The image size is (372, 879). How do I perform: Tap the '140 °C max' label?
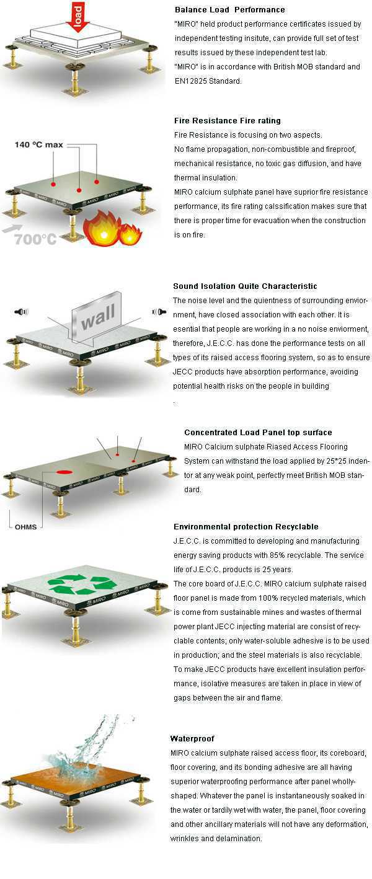pos(39,145)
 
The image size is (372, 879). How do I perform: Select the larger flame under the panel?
pos(100,228)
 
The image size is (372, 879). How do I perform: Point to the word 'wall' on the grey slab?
pos(98,317)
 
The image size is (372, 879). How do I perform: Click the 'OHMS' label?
pos(26,527)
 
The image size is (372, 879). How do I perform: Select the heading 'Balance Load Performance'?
pos(230,10)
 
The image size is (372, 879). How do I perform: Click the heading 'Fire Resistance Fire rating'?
pos(228,120)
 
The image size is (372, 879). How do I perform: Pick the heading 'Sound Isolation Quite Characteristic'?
pos(246,286)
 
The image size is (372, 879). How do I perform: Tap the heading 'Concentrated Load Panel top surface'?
pos(258,433)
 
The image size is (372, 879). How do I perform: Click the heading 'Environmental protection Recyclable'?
pos(246,527)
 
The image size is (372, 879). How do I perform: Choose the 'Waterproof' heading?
pos(192,738)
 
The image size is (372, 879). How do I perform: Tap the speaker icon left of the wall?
pos(22,312)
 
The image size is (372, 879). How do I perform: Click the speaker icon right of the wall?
pos(159,312)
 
